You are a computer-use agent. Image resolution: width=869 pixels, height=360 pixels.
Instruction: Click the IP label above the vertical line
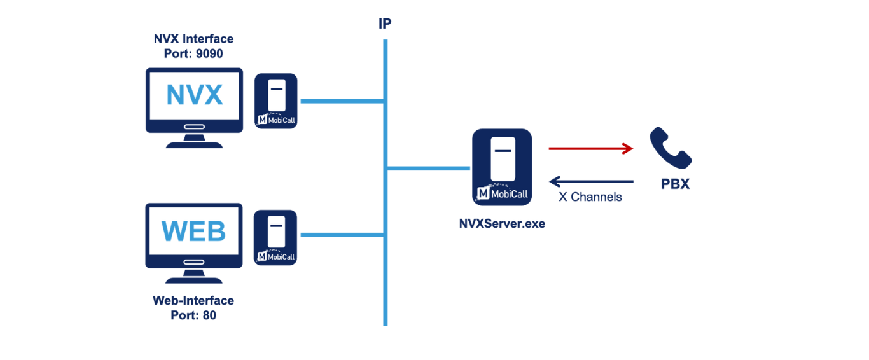coord(385,25)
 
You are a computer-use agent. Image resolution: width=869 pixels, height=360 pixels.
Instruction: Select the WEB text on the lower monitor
coord(194,231)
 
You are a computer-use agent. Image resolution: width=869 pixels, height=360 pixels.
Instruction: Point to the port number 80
coord(209,315)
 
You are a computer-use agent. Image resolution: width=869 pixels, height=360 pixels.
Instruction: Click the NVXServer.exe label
coord(502,224)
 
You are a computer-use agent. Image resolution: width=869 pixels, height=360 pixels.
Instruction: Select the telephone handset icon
coord(670,148)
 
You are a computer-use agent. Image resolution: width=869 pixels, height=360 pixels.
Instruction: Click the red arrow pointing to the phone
coord(591,149)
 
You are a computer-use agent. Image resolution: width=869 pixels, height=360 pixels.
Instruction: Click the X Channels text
coord(590,197)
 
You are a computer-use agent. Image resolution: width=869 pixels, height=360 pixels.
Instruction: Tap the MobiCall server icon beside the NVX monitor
coord(276,101)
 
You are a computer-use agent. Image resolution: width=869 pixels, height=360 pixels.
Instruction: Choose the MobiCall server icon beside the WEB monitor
coord(275,237)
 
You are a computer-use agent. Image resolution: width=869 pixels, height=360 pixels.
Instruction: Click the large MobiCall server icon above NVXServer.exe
coord(502,167)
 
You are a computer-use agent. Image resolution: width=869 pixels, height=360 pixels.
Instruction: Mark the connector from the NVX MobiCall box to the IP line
coord(342,101)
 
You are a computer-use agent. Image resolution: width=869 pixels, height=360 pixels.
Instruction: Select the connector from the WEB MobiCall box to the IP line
coord(342,235)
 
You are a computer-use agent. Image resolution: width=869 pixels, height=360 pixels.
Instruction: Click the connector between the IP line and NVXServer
coord(428,169)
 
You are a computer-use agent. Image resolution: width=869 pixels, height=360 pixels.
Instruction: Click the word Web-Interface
coord(193,301)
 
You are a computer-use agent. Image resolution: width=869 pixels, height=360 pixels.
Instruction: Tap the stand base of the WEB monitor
coord(194,279)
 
